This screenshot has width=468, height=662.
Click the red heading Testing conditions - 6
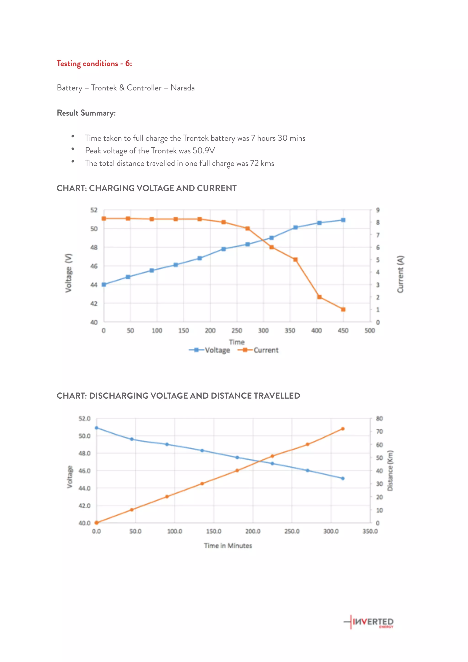94,64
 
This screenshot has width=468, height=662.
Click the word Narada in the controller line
183,88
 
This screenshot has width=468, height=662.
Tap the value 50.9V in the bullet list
204,151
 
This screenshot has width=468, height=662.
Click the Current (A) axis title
401,274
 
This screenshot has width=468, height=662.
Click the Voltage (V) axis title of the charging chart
68,273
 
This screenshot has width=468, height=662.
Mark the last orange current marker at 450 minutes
343,309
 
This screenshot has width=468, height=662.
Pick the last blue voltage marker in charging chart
343,220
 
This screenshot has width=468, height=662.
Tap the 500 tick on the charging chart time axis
370,330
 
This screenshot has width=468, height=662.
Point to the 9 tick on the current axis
378,210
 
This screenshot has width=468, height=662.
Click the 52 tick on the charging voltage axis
94,210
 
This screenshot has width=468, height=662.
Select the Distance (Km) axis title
390,471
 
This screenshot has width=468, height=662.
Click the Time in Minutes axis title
228,545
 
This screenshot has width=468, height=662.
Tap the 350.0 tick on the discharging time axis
370,531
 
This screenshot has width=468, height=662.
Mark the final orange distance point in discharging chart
343,429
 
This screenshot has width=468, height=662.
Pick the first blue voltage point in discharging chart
97,428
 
